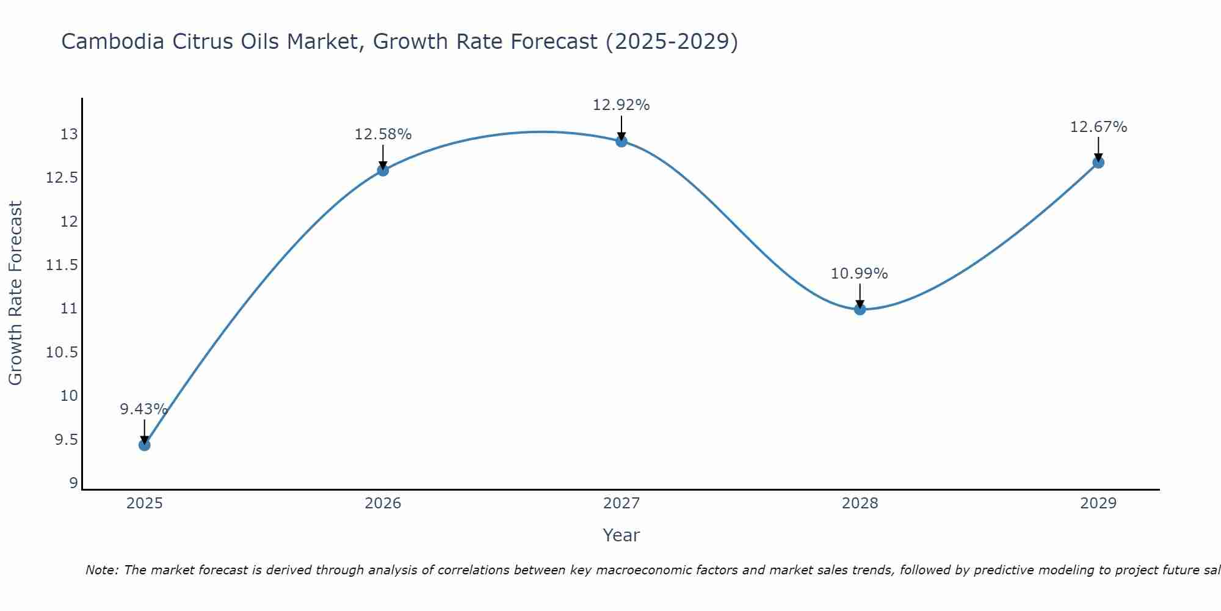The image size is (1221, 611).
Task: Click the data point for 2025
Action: (x=144, y=445)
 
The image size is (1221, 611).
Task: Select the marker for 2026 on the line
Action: (x=383, y=170)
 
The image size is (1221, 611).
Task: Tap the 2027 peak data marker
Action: (x=621, y=141)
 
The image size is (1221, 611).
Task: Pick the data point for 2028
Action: (x=860, y=309)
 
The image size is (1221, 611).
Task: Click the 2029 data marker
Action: (x=1098, y=163)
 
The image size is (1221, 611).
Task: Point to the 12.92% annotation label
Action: (x=621, y=105)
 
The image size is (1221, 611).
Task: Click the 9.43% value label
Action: (x=143, y=409)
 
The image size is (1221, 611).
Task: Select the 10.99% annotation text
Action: (x=859, y=274)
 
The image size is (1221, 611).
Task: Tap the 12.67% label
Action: (x=1098, y=127)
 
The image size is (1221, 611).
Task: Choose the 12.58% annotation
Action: (x=383, y=134)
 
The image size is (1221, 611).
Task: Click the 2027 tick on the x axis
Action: (x=621, y=503)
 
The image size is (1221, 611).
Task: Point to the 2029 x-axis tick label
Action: (x=1098, y=503)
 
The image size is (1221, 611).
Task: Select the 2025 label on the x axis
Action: (x=144, y=503)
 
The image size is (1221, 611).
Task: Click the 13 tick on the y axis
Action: (x=70, y=134)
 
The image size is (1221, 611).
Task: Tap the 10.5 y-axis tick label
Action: (x=62, y=353)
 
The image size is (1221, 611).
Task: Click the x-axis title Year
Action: (x=621, y=535)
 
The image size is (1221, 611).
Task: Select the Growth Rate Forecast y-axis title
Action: (x=15, y=293)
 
